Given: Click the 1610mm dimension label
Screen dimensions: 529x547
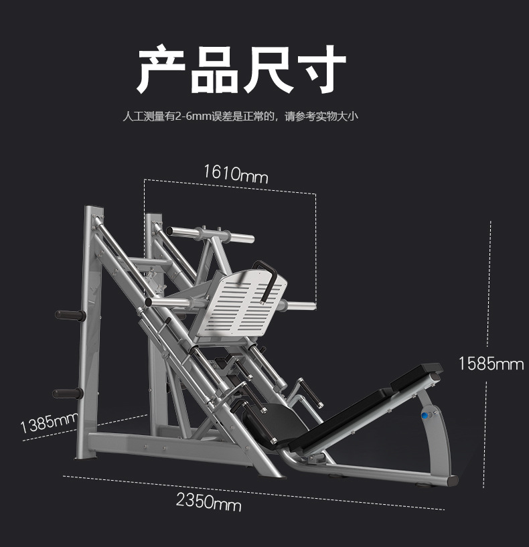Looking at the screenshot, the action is (x=236, y=174).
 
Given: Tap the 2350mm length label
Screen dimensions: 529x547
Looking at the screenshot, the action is (x=208, y=501).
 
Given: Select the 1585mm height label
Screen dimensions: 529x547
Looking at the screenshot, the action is (x=490, y=364).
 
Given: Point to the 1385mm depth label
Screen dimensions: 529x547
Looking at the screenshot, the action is (x=49, y=422).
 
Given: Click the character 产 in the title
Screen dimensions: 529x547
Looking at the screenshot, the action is (x=161, y=70).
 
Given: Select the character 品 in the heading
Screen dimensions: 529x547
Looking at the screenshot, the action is (x=214, y=70).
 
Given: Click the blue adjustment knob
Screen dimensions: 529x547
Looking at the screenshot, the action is (x=424, y=415).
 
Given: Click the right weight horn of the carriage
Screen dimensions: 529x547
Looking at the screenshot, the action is (x=299, y=307).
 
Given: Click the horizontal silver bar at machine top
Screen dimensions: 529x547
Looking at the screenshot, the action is (x=210, y=234).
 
